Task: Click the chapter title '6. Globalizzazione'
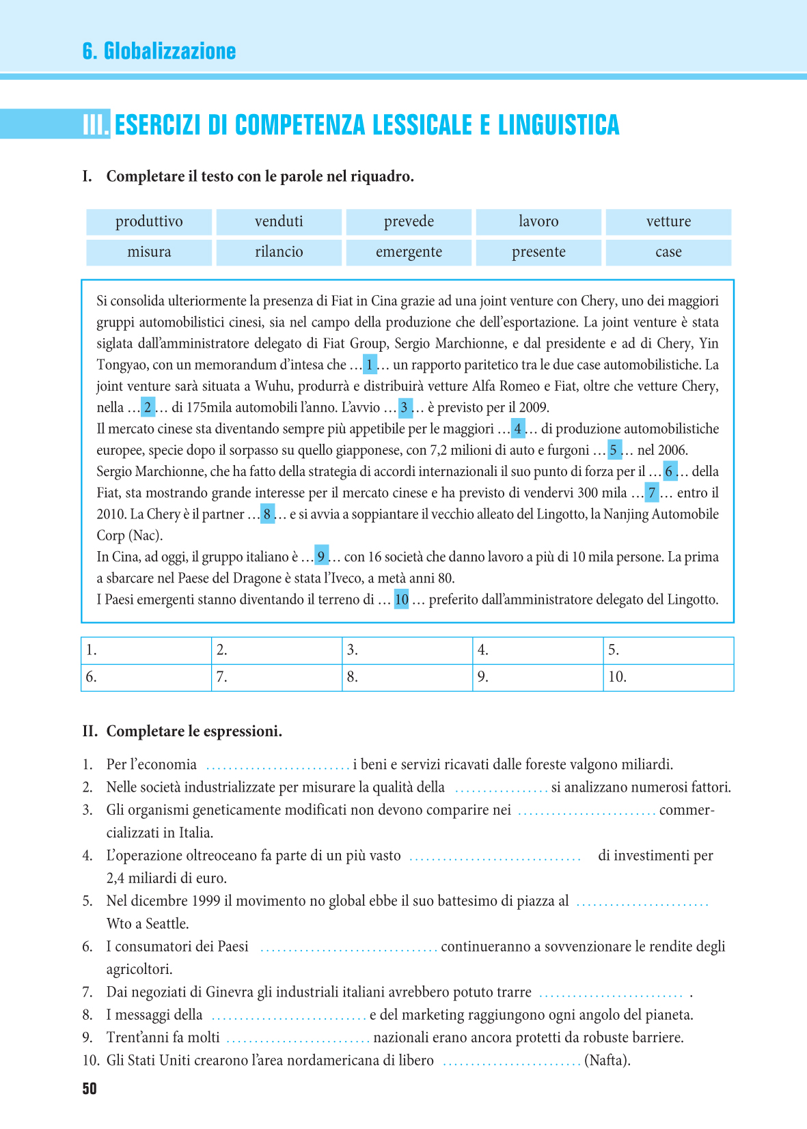[x=159, y=51]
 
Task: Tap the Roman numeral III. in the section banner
[x=96, y=125]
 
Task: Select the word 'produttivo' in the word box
[x=149, y=221]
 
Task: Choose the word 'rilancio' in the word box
[x=279, y=251]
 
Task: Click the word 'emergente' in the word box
[x=409, y=251]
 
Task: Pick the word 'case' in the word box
[x=668, y=251]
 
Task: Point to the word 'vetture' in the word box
[x=668, y=221]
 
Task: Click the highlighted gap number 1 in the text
[x=370, y=365]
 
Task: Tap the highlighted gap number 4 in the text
[x=518, y=429]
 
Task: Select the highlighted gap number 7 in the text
[x=653, y=492]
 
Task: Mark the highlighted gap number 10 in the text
[x=402, y=600]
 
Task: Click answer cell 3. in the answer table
[x=407, y=650]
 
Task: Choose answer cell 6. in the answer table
[x=146, y=678]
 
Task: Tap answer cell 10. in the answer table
[x=668, y=678]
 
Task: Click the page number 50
[x=90, y=1089]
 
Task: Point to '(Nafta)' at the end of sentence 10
[x=607, y=1060]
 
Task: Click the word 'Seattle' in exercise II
[x=167, y=923]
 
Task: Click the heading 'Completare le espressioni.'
[x=194, y=731]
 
